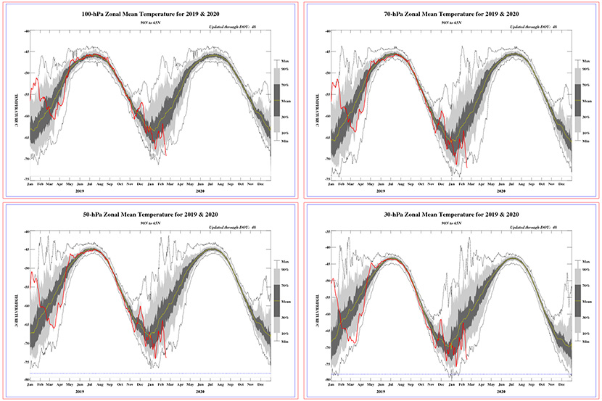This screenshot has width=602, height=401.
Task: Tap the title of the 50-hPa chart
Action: [150, 215]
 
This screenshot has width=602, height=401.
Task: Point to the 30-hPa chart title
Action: [451, 215]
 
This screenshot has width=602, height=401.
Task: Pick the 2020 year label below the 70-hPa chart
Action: [500, 192]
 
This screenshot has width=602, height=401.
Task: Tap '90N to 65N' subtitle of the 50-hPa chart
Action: [150, 226]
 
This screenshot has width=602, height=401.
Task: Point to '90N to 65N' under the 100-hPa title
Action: [150, 26]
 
